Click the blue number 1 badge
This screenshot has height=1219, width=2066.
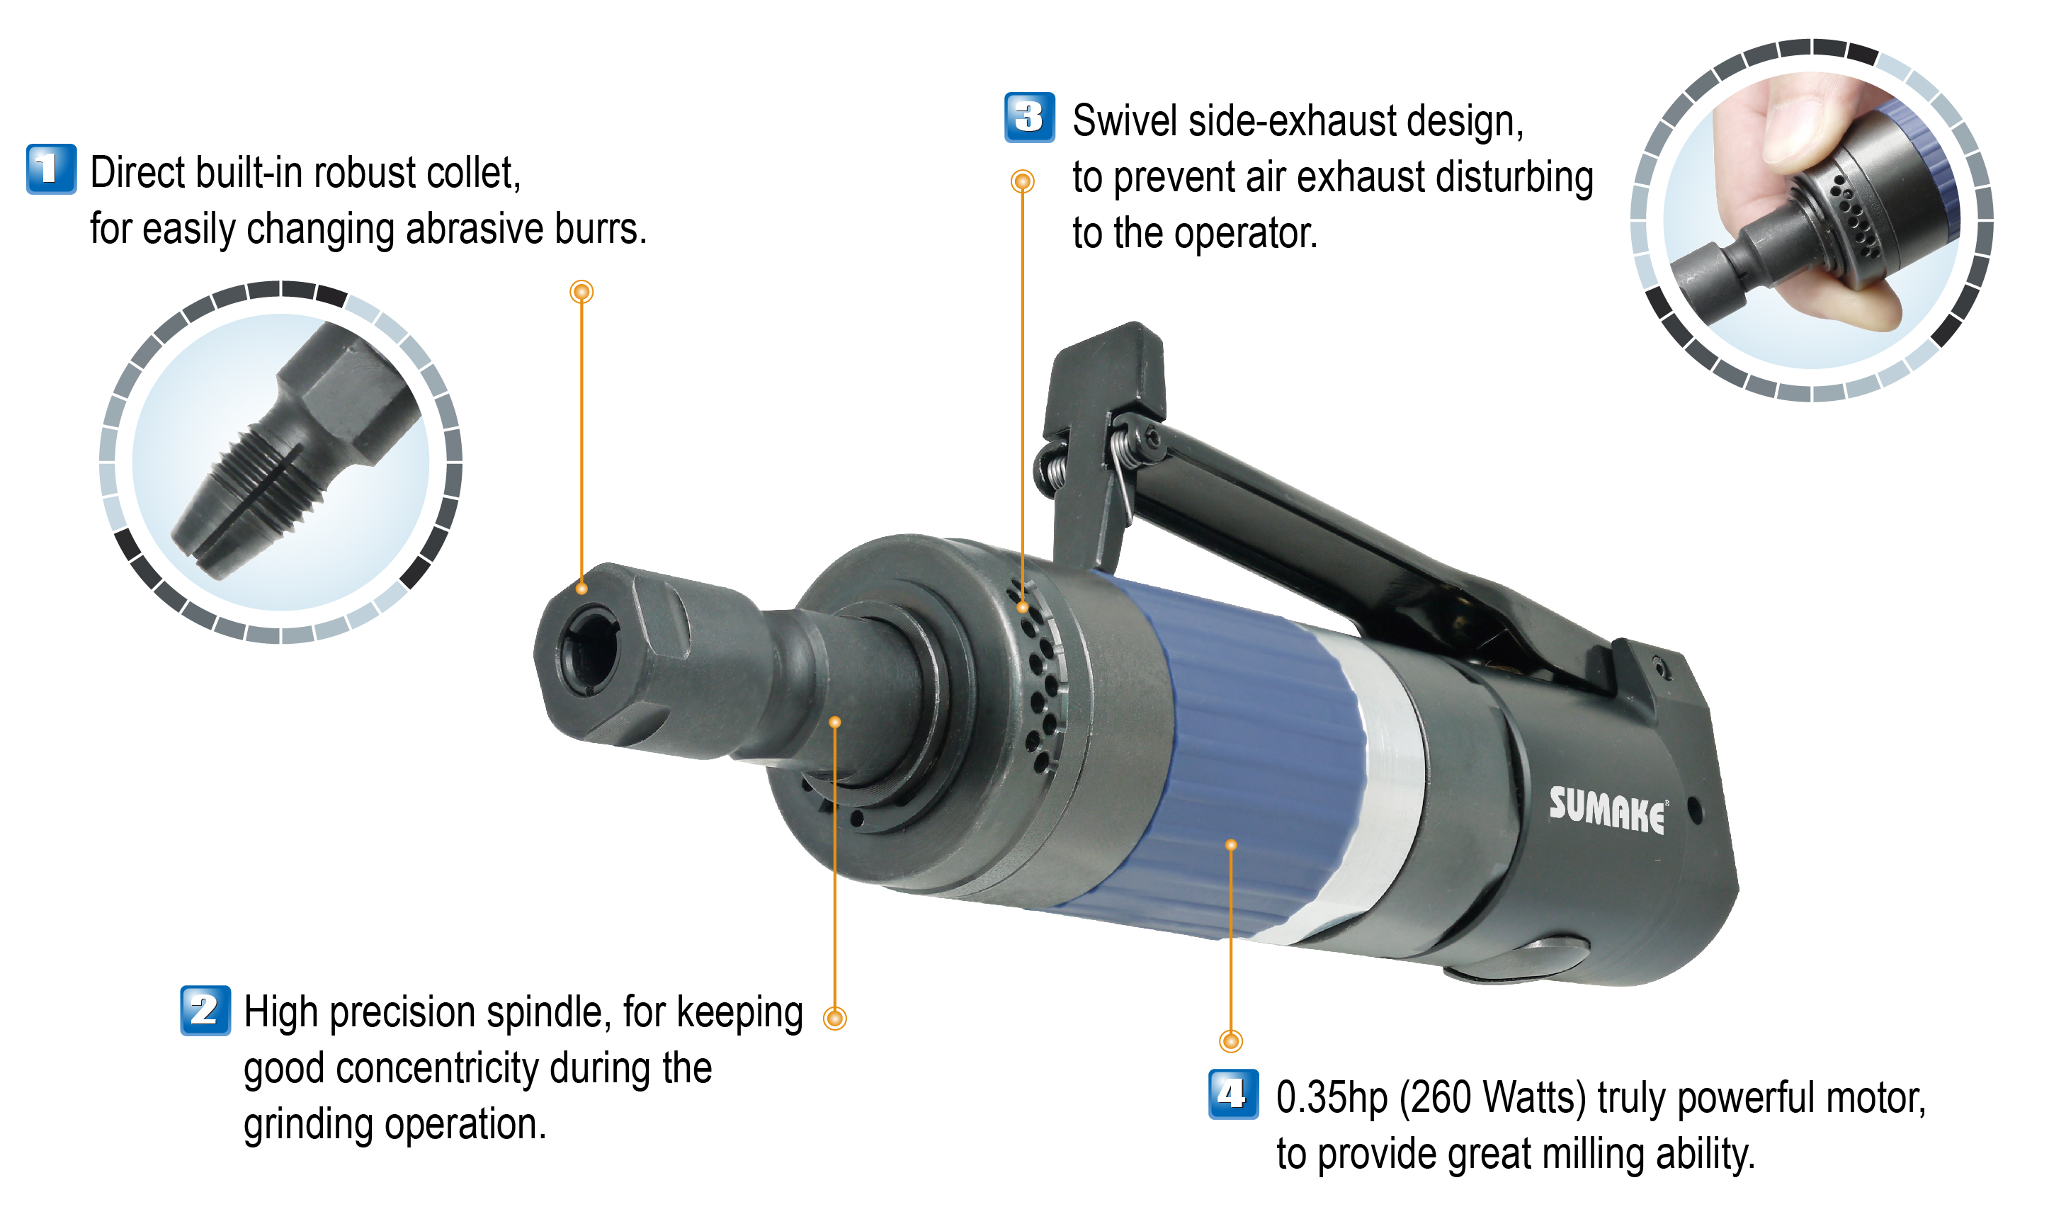tap(51, 169)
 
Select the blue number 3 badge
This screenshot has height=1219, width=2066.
tap(1029, 118)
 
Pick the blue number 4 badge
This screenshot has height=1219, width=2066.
tap(1232, 1094)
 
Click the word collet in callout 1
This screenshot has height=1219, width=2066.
tap(475, 174)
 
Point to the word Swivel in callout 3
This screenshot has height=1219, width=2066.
tap(1124, 122)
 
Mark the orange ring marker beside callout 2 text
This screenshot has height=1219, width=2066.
tap(834, 1019)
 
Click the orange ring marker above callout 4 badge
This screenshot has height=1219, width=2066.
tap(1230, 1042)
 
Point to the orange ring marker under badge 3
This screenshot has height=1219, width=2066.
tap(1021, 181)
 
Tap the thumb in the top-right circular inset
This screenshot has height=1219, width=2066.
tap(1807, 123)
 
